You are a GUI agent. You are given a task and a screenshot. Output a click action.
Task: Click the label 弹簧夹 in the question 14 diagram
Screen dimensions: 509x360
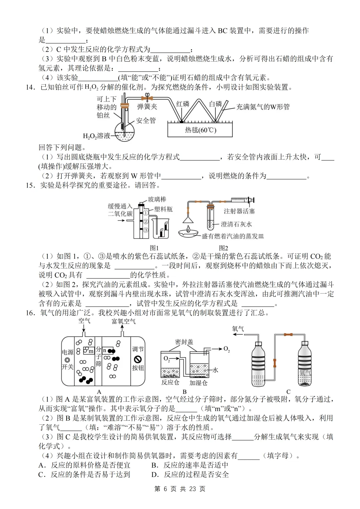coord(147,107)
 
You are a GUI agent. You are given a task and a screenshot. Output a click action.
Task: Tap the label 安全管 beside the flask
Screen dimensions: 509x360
coord(146,121)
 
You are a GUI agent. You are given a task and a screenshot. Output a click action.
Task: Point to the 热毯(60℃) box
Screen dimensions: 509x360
coord(200,130)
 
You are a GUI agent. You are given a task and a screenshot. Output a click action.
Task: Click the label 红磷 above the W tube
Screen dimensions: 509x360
coord(183,104)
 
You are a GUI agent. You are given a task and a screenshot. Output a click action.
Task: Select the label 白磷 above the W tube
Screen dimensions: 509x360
coord(215,104)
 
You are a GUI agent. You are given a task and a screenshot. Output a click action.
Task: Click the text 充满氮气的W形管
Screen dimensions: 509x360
coord(263,107)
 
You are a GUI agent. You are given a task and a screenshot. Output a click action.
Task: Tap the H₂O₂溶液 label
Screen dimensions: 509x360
coord(96,136)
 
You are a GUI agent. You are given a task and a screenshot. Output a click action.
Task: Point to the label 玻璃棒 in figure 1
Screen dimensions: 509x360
coord(157,199)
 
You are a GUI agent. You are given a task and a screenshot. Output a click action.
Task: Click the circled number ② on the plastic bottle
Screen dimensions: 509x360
coord(146,222)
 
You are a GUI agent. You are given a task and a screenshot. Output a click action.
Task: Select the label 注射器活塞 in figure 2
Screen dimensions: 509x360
coord(239,211)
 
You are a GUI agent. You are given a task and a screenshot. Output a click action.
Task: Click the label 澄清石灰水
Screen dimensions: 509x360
coord(236,224)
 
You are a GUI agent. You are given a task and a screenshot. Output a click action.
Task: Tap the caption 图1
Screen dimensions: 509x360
coord(154,248)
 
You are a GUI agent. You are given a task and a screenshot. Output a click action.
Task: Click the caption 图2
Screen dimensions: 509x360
coord(223,248)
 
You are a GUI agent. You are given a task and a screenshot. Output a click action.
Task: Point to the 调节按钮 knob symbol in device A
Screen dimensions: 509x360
coord(138,359)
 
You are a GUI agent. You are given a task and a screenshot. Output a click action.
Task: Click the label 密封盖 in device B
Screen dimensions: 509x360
coord(184,342)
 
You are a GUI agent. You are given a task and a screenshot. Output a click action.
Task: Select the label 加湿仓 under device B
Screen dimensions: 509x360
coord(198,383)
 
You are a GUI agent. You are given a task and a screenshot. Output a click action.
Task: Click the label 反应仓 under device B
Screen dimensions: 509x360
coord(170,382)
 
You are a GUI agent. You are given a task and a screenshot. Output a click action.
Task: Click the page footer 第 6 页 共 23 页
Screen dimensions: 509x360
coord(180,489)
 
